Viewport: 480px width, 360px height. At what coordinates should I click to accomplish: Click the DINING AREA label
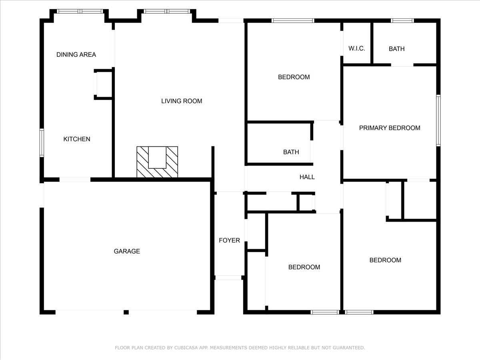pos(76,55)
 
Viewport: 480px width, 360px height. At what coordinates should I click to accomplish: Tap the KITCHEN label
pos(77,139)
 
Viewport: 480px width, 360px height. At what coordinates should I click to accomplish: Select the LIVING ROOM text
pos(182,101)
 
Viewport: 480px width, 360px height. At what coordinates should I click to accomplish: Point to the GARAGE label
pos(127,252)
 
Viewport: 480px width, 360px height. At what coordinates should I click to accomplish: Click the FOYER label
pos(229,240)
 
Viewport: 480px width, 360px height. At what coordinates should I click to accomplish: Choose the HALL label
pos(307,177)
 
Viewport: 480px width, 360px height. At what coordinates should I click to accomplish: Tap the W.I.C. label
pos(356,49)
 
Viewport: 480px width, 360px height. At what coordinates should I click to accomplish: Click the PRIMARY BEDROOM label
pos(390,128)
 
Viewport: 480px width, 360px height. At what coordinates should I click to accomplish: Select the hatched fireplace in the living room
pos(157,162)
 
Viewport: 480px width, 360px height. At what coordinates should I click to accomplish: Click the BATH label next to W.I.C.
pos(396,49)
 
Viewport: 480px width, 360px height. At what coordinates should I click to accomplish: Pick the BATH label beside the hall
pos(291,152)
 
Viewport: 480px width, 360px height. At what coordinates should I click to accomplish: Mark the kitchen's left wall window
pos(42,143)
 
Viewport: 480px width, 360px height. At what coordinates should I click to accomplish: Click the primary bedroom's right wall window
pos(438,120)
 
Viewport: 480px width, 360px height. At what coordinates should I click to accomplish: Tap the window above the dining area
pos(80,11)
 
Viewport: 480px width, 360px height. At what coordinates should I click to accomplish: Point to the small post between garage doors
pos(126,312)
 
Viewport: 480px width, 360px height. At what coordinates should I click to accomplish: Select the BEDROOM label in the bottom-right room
pos(385,260)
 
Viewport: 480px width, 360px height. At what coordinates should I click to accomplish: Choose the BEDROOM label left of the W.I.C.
pos(294,77)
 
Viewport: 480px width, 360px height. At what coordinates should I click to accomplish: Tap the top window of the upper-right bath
pos(402,20)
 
